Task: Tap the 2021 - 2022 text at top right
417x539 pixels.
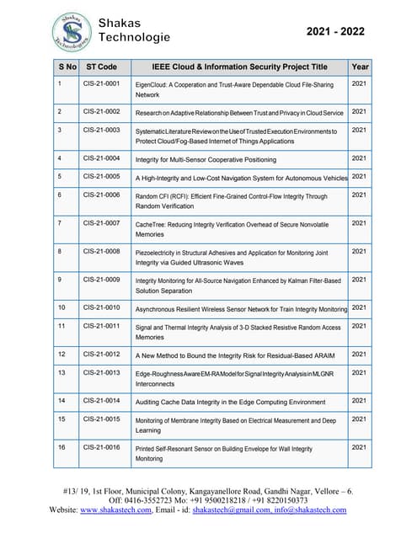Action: tap(335, 31)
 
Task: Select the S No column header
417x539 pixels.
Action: tap(67, 66)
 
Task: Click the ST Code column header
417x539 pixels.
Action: tap(102, 66)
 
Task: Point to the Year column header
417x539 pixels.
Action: tap(360, 66)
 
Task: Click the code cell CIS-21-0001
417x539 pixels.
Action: tap(101, 84)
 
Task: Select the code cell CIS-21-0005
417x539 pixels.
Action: tap(101, 177)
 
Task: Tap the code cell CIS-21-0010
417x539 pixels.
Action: tap(101, 307)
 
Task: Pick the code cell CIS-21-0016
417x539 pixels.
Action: tap(101, 447)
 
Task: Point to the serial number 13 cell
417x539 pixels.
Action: tap(61, 372)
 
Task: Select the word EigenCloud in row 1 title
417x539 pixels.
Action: tap(155, 85)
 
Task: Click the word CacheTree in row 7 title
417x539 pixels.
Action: tap(152, 224)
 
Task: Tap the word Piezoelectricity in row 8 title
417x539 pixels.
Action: tap(162, 252)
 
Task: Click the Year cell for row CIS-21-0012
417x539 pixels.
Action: tap(359, 354)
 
